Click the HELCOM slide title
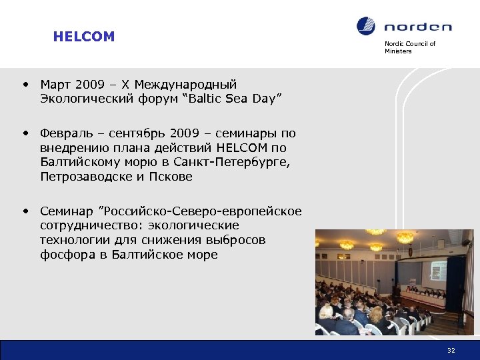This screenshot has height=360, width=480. click(x=84, y=37)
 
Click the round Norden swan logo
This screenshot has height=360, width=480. click(x=366, y=27)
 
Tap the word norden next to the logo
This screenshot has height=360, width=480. click(x=417, y=27)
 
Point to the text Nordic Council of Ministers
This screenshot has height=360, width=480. click(x=409, y=47)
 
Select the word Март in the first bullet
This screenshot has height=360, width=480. click(x=56, y=85)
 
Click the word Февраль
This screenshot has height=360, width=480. click(x=64, y=133)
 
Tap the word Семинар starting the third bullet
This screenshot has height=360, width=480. click(x=67, y=211)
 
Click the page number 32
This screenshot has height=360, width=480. click(x=451, y=351)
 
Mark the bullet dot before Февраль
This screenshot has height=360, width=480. click(x=25, y=133)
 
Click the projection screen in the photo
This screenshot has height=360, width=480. click(x=438, y=269)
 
